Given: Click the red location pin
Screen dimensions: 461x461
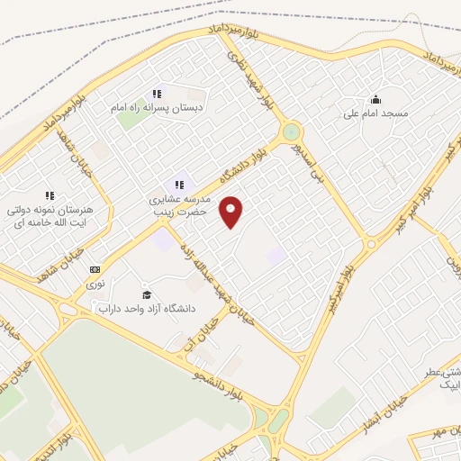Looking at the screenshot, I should tap(232, 211).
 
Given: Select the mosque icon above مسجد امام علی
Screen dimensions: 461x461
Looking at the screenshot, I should tap(375, 99).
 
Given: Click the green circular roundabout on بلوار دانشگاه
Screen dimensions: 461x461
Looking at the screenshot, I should tap(291, 132).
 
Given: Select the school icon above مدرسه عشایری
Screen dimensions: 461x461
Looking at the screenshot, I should tap(178, 185).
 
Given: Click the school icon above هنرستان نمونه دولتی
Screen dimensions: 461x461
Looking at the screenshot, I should tap(50, 194).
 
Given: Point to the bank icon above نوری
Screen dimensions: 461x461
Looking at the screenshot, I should tap(95, 269).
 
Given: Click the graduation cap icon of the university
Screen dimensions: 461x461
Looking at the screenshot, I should tap(146, 294).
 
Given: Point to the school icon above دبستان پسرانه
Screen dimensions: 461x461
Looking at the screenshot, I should tap(157, 94).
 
